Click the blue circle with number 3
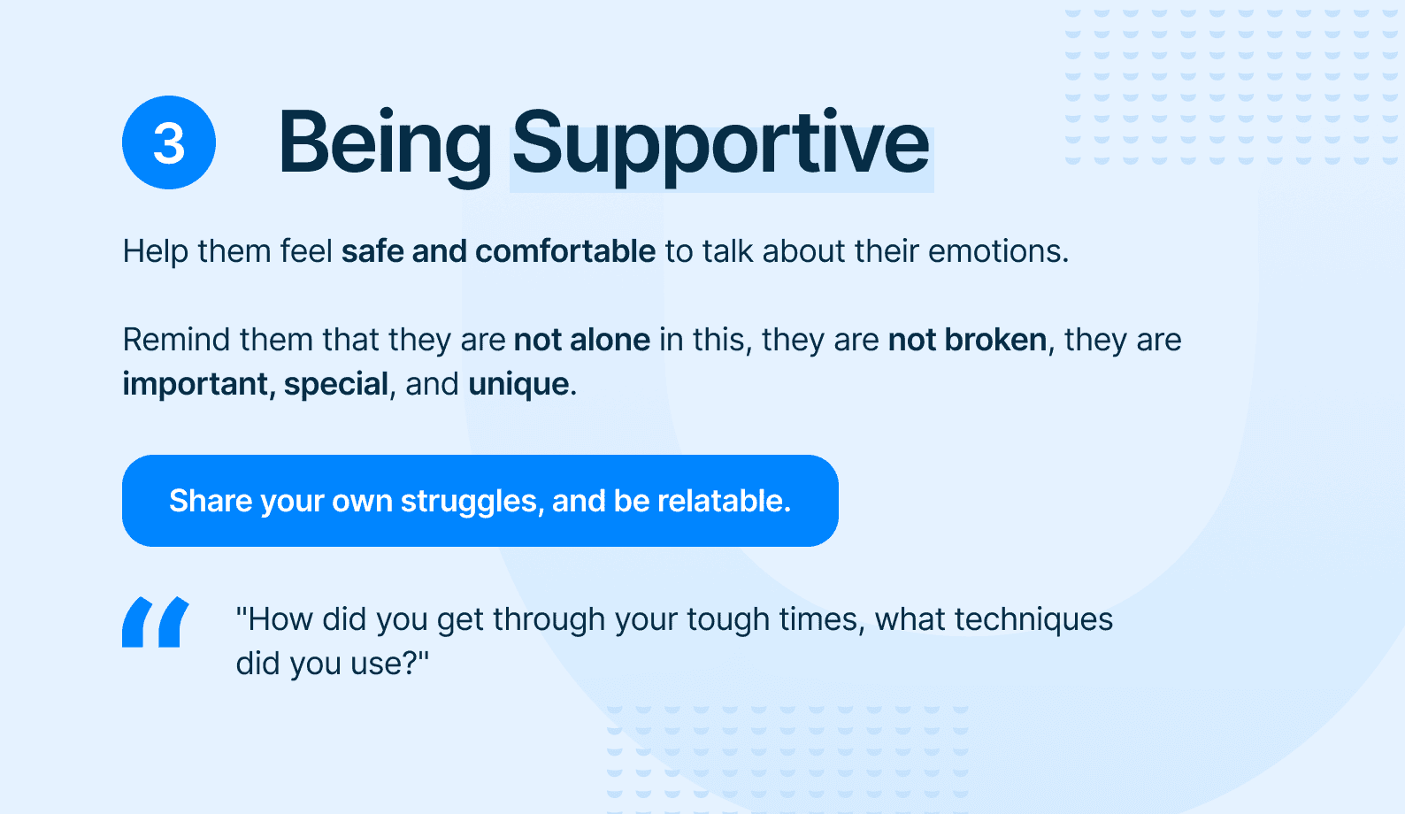click(x=169, y=142)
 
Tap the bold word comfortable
click(x=565, y=251)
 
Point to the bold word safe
click(x=372, y=251)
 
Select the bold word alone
click(x=609, y=339)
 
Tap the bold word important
click(x=195, y=384)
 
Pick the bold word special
click(x=336, y=384)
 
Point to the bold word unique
click(x=518, y=384)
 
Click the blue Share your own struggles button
click(x=480, y=501)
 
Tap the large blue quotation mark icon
click(x=156, y=621)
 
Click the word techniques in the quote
click(x=1033, y=619)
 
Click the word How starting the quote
click(x=280, y=619)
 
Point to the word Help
click(x=156, y=251)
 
